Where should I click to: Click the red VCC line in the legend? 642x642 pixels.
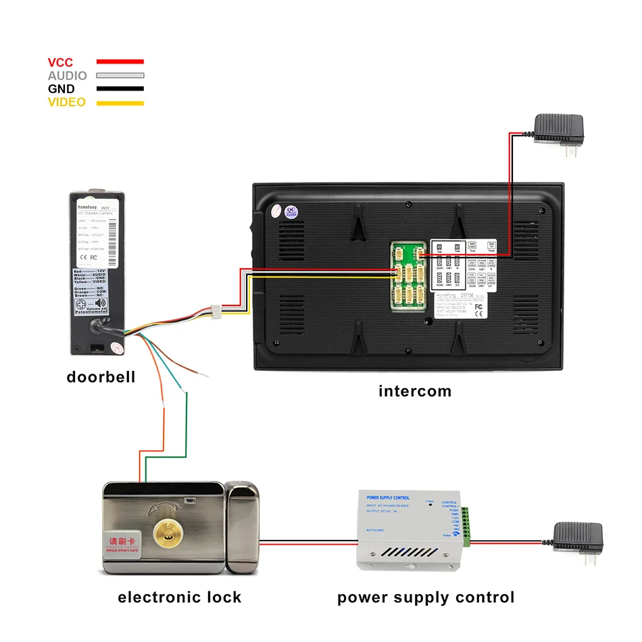[120, 62]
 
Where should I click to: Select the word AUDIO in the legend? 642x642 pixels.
[67, 76]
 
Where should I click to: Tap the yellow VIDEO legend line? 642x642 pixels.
[120, 103]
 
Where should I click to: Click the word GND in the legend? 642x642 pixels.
[61, 89]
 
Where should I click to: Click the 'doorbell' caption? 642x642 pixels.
[101, 377]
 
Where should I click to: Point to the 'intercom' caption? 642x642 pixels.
[414, 391]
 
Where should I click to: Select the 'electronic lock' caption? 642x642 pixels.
[179, 597]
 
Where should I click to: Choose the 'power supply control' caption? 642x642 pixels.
[426, 597]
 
